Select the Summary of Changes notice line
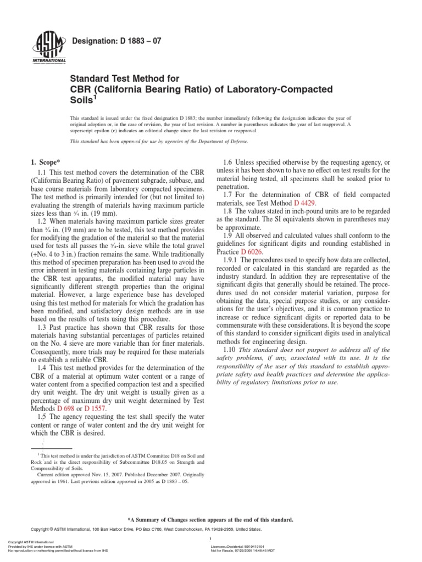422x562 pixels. [210, 519]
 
